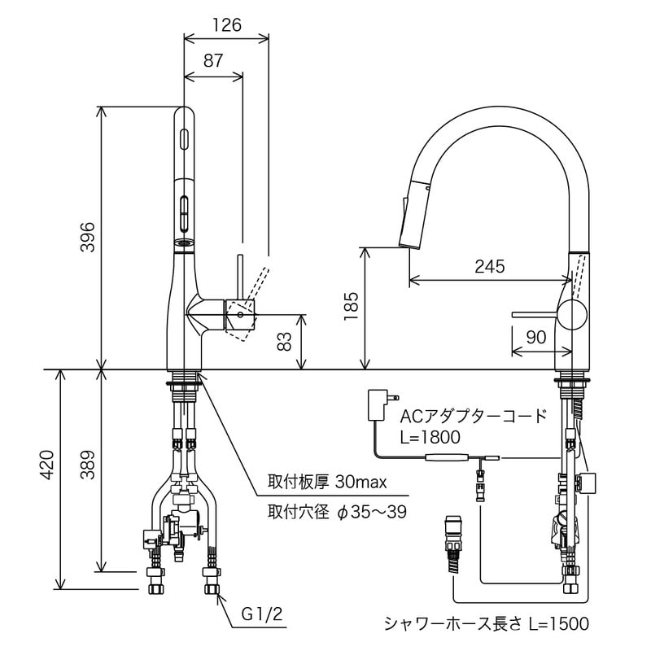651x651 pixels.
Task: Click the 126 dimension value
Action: point(226,25)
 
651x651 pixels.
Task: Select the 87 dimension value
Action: point(213,60)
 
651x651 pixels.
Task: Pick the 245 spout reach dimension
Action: point(489,266)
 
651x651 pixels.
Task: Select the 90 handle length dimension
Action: point(535,337)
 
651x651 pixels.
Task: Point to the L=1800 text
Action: point(430,437)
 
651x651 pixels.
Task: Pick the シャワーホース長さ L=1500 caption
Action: point(486,624)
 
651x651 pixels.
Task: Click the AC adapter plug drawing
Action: point(379,404)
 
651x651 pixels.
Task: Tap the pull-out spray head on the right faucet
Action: point(413,212)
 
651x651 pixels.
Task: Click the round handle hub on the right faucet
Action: point(572,314)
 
